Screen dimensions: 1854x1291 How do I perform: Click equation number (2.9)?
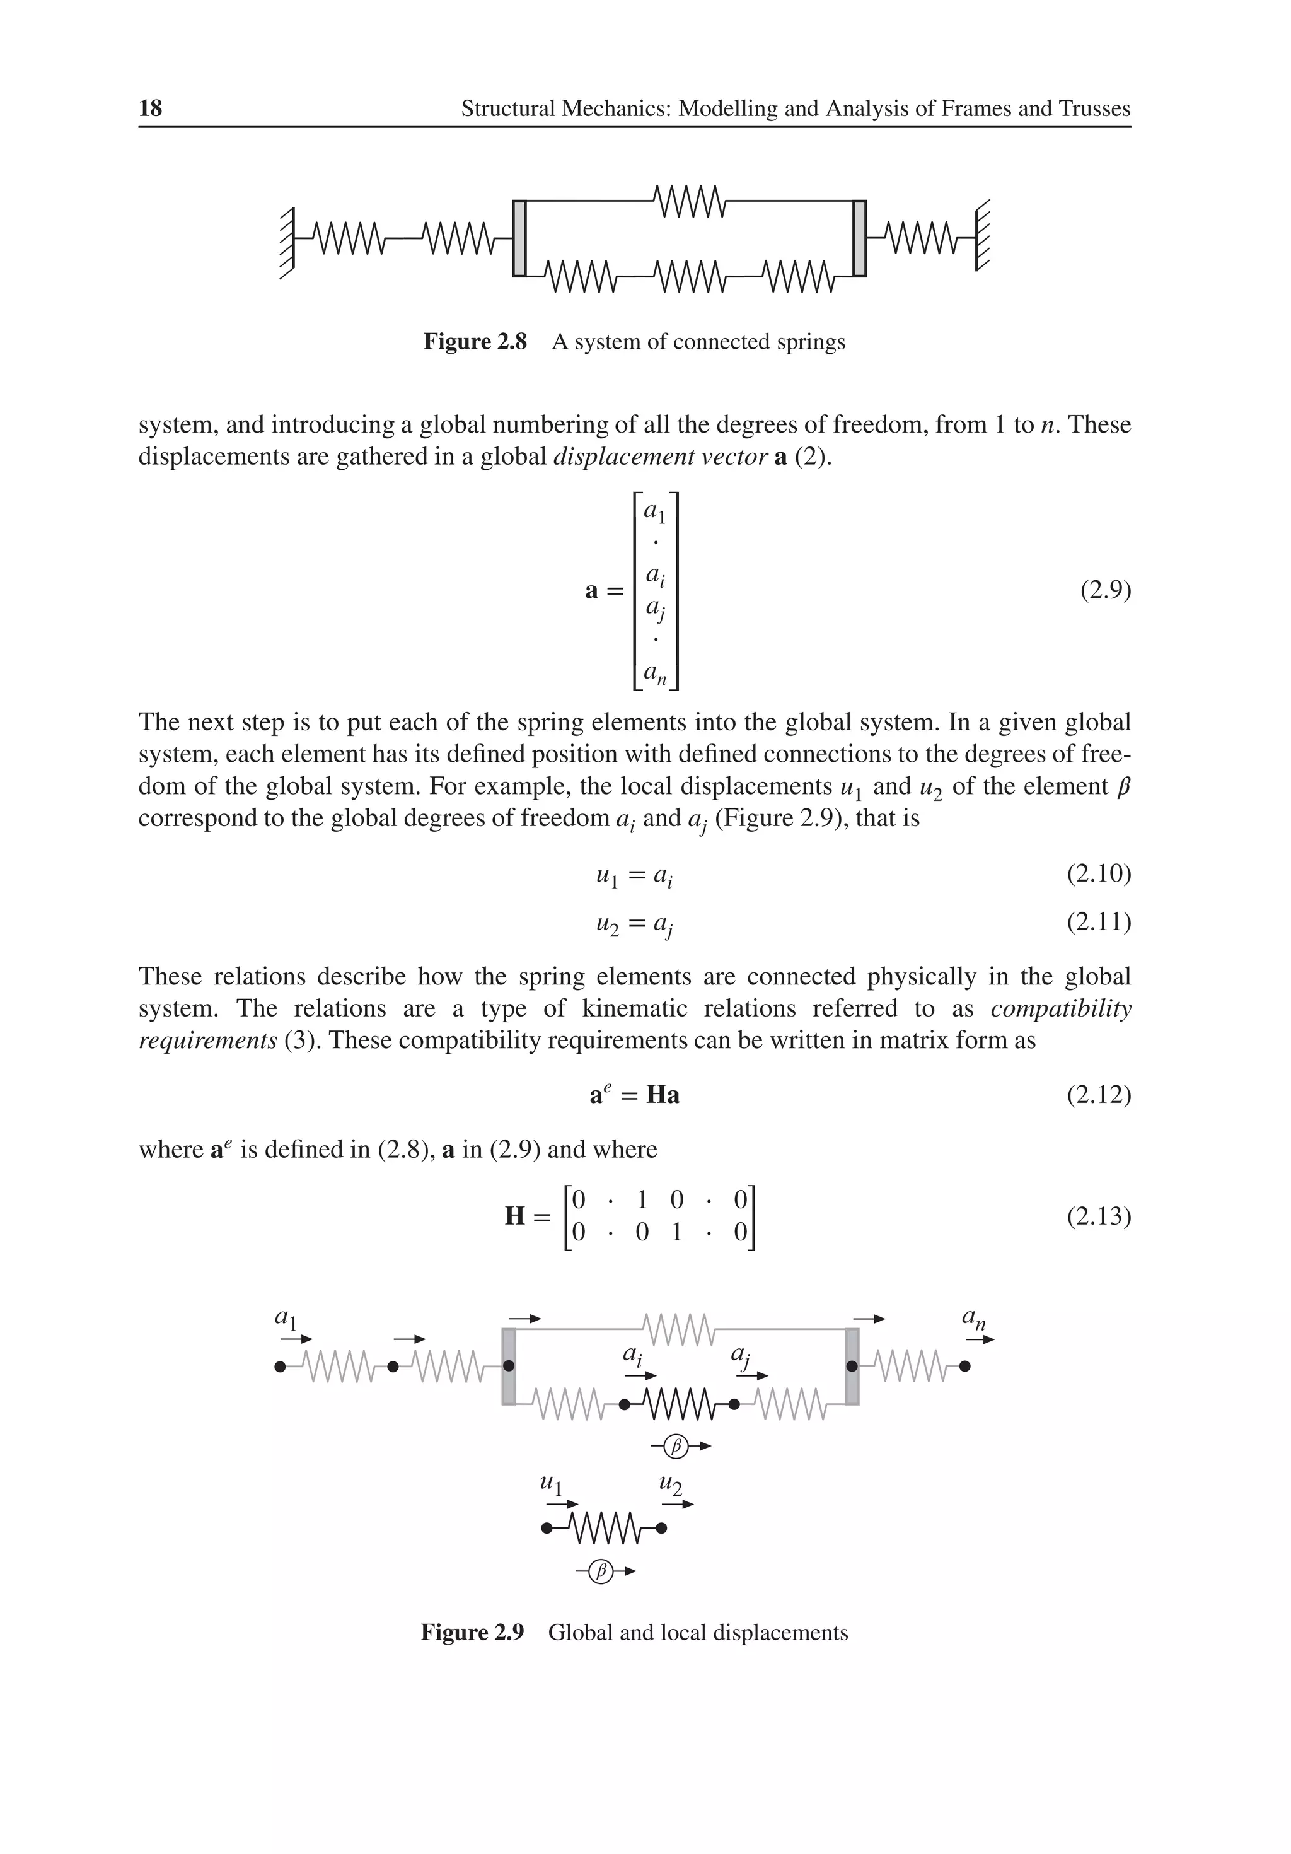pos(1105,591)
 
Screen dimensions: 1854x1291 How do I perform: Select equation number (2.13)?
pos(1098,1215)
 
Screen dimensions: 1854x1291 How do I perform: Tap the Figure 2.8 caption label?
pos(475,342)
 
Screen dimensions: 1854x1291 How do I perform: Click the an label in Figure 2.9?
pos(974,1318)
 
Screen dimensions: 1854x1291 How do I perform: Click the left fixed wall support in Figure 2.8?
pos(288,242)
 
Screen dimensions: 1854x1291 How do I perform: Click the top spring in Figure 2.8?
pos(689,201)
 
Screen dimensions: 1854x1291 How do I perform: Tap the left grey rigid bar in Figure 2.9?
pos(509,1367)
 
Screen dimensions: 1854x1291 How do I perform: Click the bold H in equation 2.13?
pos(515,1215)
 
